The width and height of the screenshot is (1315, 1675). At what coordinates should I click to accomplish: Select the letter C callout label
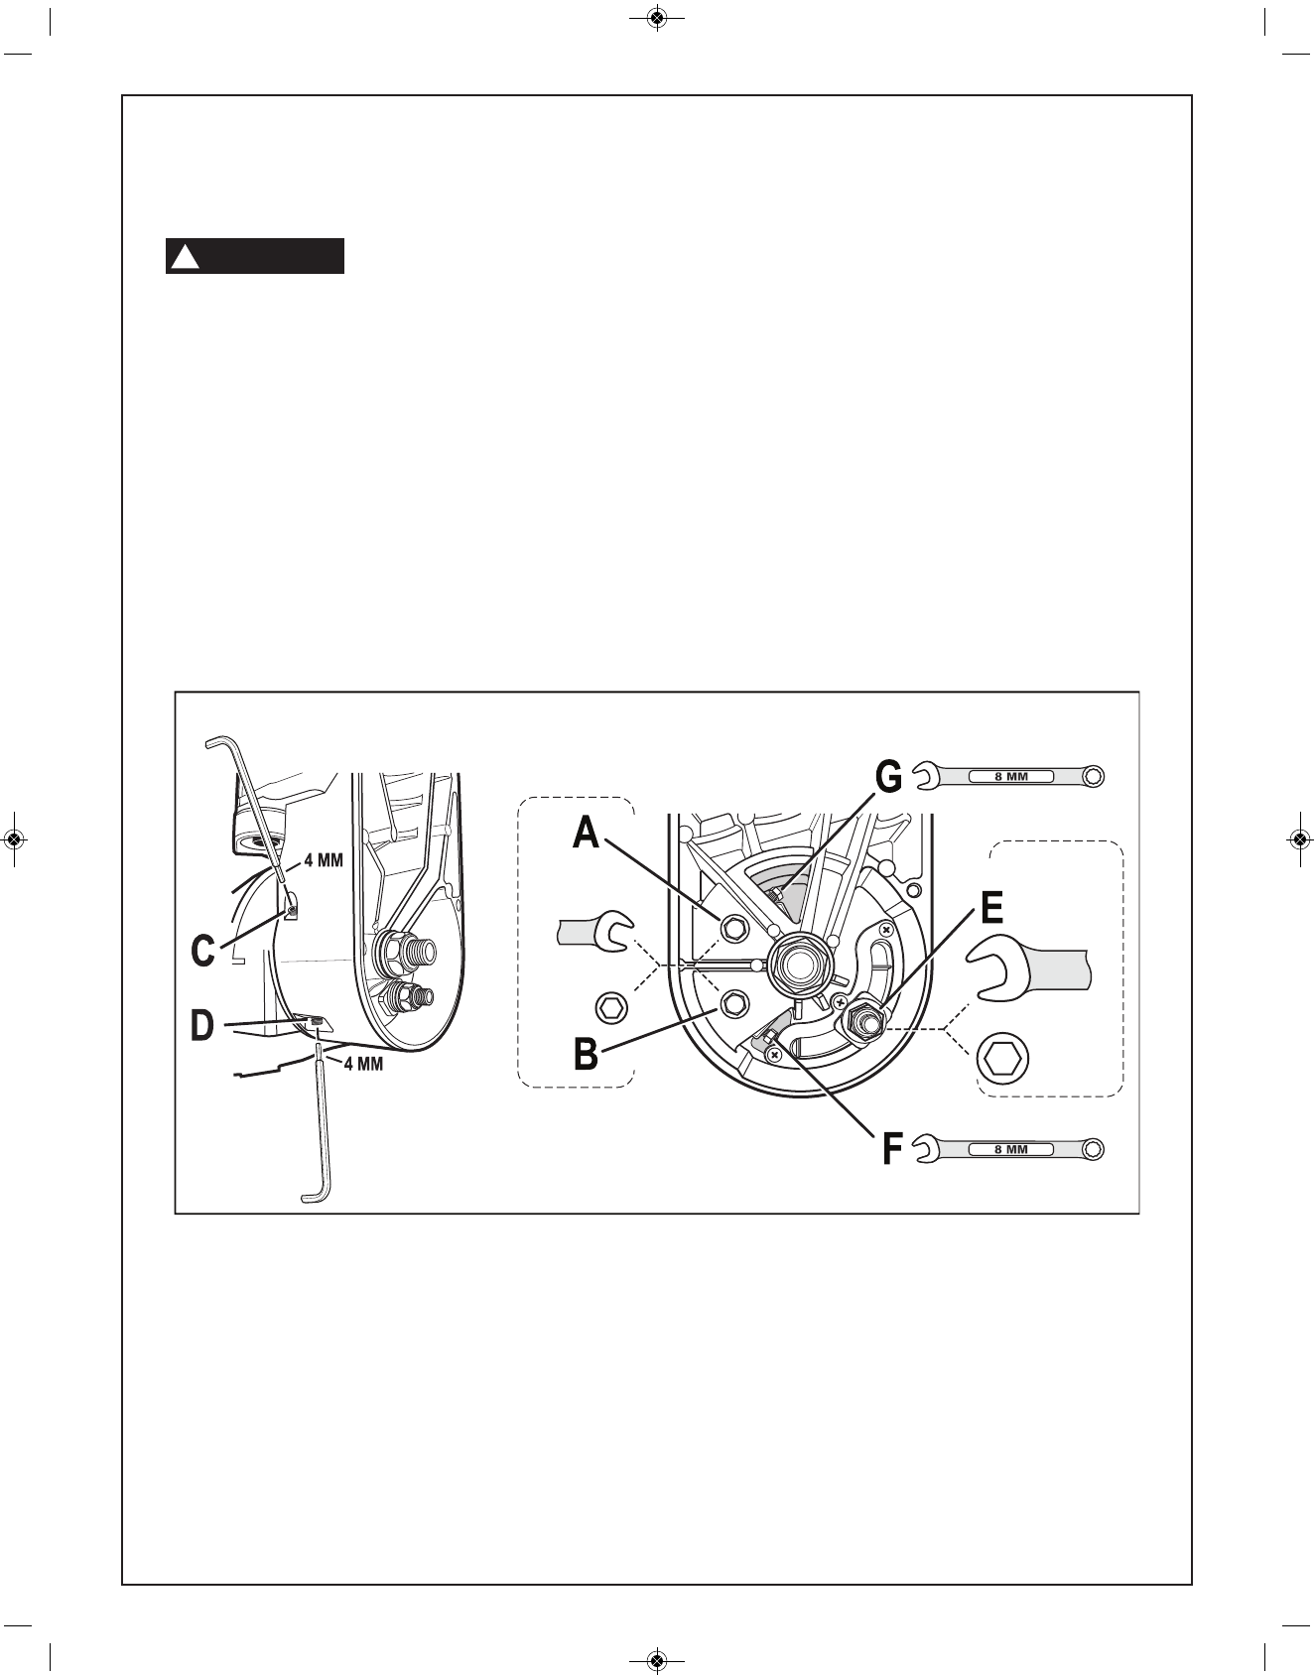point(202,951)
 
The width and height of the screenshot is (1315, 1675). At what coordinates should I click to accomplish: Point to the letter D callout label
point(202,1025)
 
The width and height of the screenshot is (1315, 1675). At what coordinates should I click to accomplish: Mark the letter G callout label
point(888,777)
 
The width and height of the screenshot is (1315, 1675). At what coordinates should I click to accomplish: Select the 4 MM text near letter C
point(324,861)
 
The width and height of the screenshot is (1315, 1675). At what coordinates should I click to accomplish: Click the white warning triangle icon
point(183,257)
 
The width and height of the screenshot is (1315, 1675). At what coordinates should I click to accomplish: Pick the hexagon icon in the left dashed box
point(611,1008)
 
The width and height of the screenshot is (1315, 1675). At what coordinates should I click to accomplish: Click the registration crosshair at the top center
point(657,17)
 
